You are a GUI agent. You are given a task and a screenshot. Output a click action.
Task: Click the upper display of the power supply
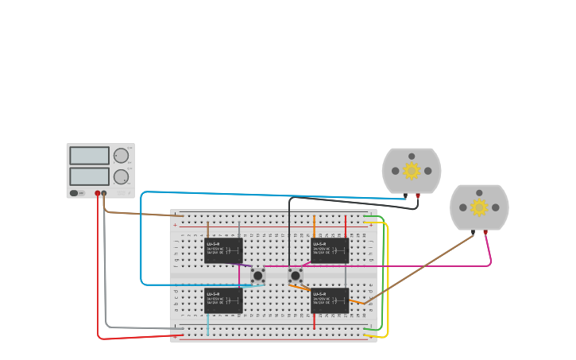tap(89, 155)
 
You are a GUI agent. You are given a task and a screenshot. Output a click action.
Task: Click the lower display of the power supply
tap(89, 176)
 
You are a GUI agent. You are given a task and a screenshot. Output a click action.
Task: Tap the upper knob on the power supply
tap(121, 156)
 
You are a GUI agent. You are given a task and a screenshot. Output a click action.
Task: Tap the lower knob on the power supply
tap(121, 176)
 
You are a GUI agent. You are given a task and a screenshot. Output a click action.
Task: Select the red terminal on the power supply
tap(98, 193)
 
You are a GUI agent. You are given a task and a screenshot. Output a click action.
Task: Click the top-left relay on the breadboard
tap(223, 250)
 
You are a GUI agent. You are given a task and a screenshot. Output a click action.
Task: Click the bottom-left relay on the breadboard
tap(223, 300)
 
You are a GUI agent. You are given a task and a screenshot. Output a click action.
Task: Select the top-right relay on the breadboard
tap(329, 250)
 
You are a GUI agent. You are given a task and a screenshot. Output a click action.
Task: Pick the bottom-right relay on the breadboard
tap(329, 300)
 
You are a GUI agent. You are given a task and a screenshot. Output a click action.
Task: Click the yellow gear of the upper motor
tap(412, 171)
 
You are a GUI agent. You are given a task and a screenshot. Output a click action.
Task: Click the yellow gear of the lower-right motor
tap(479, 207)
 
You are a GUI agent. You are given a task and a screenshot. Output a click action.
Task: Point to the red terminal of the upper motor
tap(418, 195)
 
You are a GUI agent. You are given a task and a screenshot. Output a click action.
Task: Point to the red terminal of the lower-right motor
tap(485, 232)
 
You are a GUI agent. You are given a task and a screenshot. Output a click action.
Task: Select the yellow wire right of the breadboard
tap(388, 278)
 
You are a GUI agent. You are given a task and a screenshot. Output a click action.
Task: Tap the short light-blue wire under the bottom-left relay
tap(208, 324)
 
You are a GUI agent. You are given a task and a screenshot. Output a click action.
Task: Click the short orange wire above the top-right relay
tap(314, 226)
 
